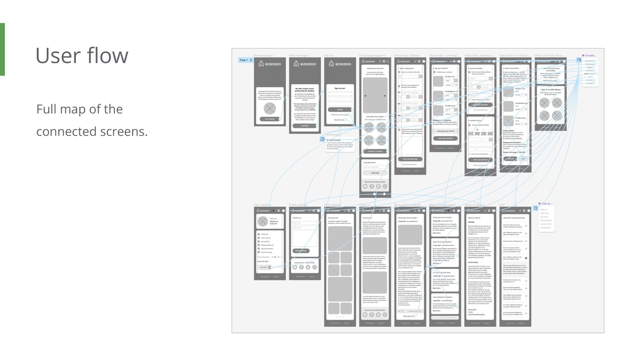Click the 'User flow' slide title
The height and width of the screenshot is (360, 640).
tap(82, 55)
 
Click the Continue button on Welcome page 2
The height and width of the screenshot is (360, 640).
tap(305, 126)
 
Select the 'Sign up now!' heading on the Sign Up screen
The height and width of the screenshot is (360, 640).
tap(340, 88)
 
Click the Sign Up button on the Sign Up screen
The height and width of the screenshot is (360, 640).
tap(340, 110)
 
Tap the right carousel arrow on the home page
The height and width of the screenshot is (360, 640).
tap(384, 96)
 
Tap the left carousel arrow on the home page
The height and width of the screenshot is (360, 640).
tap(366, 96)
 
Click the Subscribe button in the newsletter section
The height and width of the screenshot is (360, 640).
tap(375, 173)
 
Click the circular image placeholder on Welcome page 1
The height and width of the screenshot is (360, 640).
tap(270, 108)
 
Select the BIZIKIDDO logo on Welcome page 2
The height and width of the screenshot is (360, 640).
tap(305, 64)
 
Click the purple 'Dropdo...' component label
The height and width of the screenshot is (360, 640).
tap(589, 55)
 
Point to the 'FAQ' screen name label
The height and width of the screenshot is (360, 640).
tap(502, 205)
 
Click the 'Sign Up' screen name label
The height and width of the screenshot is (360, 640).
tap(329, 55)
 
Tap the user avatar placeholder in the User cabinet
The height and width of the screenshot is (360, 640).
tap(263, 221)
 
